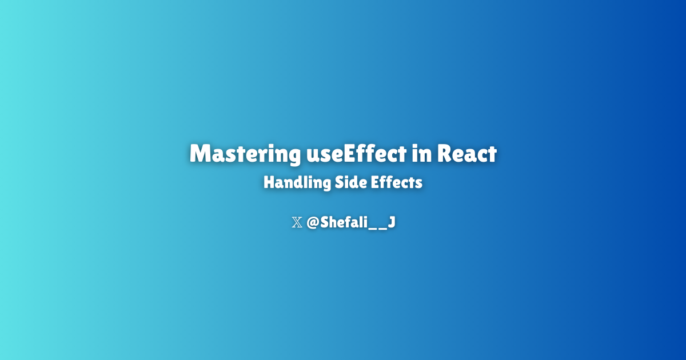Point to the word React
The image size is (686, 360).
pyautogui.click(x=467, y=154)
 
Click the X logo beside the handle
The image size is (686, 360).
pyautogui.click(x=297, y=223)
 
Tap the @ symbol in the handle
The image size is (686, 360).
pyautogui.click(x=313, y=223)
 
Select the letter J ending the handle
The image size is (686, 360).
pyautogui.click(x=391, y=223)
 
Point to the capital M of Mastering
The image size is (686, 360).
pyautogui.click(x=200, y=154)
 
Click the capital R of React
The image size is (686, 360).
pyautogui.click(x=446, y=154)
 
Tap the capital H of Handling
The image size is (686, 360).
pyautogui.click(x=269, y=183)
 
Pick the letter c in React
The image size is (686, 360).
pyautogui.click(x=481, y=155)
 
